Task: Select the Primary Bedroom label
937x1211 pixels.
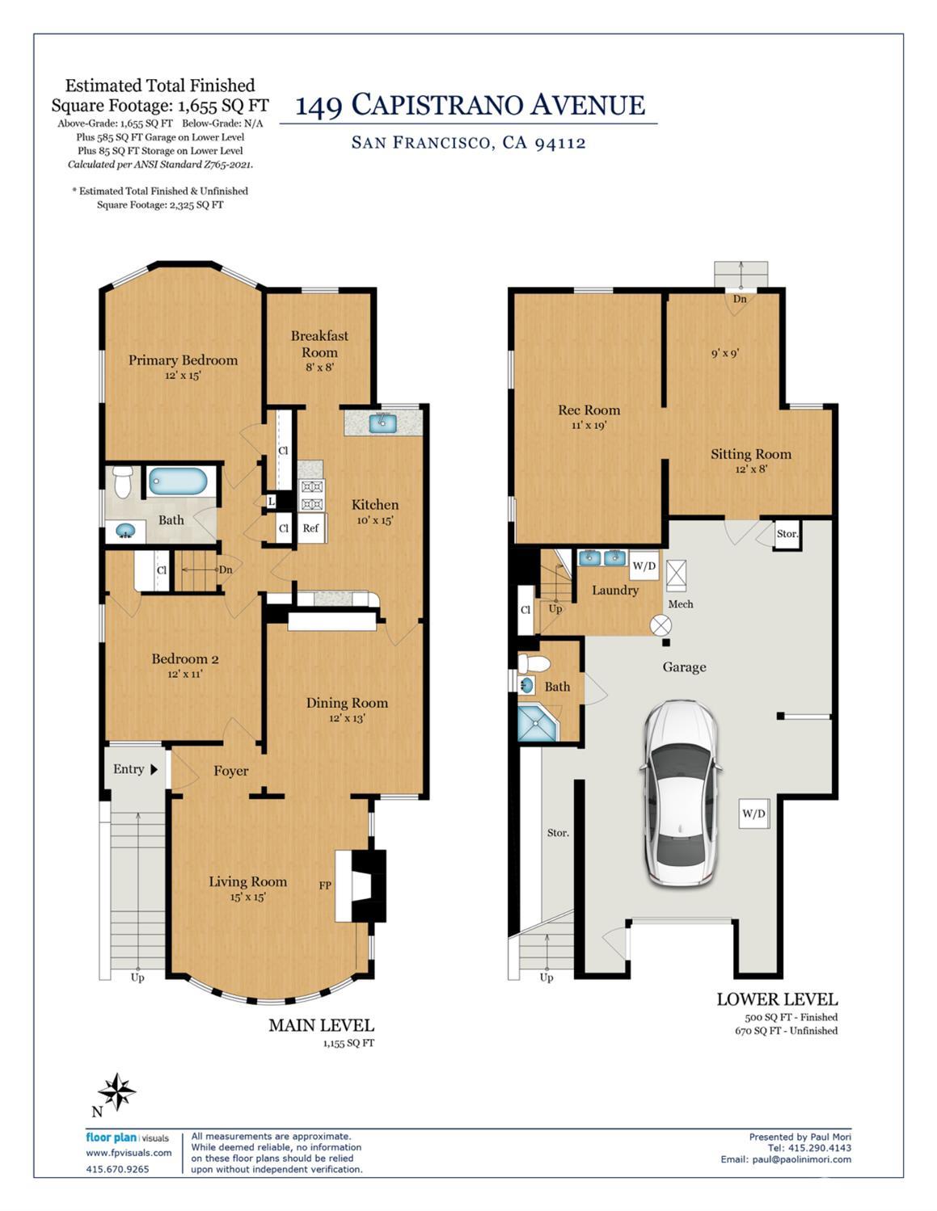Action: [183, 360]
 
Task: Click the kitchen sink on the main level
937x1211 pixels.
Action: [382, 423]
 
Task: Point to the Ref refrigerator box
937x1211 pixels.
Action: [311, 528]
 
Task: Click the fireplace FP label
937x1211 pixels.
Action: [325, 885]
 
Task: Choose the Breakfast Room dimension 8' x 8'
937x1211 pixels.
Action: [319, 368]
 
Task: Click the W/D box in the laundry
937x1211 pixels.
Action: [644, 566]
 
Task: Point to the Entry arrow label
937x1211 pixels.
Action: [136, 769]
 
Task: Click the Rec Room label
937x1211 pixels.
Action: [589, 410]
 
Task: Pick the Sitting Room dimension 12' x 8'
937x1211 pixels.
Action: [751, 469]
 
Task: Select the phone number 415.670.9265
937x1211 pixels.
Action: [118, 1169]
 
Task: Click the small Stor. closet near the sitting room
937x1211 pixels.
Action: [787, 534]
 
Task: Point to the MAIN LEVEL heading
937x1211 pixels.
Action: [321, 1025]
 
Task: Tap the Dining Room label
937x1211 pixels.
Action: [347, 703]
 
